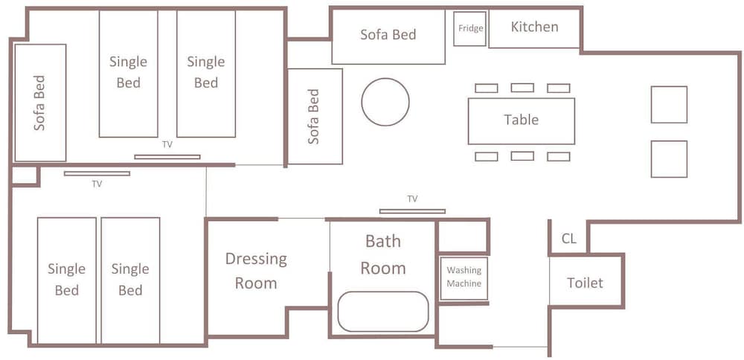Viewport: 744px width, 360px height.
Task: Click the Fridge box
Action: point(469,29)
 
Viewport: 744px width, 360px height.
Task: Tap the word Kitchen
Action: point(534,27)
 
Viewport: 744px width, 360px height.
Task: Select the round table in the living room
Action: point(385,102)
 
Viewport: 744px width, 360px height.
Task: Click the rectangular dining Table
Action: point(522,121)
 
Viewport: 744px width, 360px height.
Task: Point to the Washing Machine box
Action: point(464,278)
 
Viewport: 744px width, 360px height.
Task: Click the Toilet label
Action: point(585,283)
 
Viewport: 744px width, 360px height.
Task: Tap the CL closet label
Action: point(569,239)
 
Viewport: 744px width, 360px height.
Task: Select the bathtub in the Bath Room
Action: point(383,312)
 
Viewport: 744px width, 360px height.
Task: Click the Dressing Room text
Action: point(256,271)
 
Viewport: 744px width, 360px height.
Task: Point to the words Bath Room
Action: point(383,254)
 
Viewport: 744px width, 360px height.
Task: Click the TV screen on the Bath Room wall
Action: point(412,211)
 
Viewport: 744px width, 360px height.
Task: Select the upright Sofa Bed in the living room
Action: point(315,117)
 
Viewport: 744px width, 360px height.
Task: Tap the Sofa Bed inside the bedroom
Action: point(40,103)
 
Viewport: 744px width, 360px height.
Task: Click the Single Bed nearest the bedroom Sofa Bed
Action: point(128,74)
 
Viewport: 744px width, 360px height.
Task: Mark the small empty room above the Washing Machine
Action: point(463,236)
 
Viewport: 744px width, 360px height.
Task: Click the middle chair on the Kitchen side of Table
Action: point(522,88)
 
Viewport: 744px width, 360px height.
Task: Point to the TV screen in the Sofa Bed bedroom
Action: point(167,157)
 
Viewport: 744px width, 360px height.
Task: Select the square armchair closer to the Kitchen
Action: point(669,104)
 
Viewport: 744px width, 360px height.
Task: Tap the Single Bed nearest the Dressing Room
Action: point(130,280)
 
